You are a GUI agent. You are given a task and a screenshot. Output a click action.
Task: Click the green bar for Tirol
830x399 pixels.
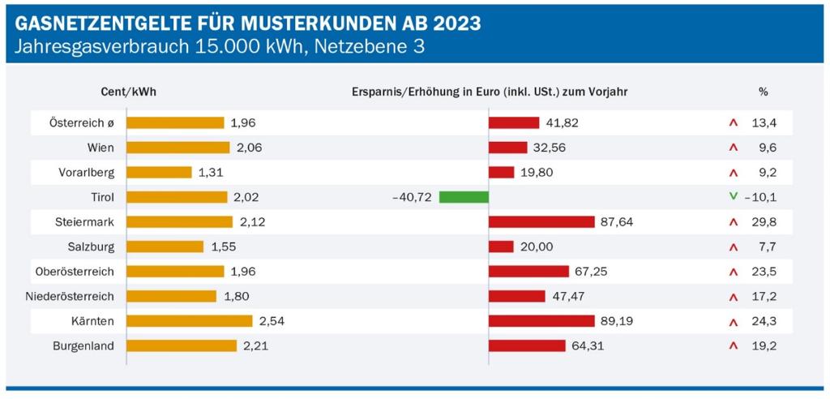tap(464, 197)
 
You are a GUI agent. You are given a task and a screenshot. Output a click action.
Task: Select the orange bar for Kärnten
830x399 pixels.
tap(190, 321)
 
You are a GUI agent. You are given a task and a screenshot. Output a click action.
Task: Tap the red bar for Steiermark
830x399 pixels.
tap(541, 222)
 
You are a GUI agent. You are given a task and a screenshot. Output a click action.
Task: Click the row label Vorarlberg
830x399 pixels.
tap(88, 173)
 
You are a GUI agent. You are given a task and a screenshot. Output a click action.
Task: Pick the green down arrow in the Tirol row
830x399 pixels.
tap(733, 196)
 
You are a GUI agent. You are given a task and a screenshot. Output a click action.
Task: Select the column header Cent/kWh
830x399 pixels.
tap(129, 92)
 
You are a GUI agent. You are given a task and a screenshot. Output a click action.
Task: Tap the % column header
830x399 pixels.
tap(763, 92)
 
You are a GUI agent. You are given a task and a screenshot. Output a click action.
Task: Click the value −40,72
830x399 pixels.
tap(411, 197)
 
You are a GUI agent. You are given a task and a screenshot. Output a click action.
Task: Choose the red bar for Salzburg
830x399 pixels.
tap(501, 247)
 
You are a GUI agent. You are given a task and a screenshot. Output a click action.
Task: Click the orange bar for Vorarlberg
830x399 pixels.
tap(160, 173)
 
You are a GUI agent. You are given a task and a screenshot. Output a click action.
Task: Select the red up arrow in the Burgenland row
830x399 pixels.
tap(733, 346)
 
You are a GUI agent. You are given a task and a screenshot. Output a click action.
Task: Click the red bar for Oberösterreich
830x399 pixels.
tap(528, 272)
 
